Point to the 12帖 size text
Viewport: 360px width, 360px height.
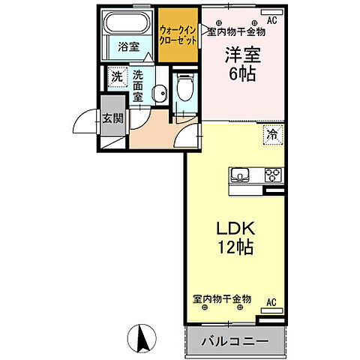[x=235, y=248]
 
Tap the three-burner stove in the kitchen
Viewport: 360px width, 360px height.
[x=271, y=176]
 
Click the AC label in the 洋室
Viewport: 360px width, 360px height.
[x=271, y=21]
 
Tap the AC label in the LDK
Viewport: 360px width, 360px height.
[x=273, y=303]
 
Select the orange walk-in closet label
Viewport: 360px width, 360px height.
[x=178, y=34]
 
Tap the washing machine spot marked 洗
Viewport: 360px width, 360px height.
[x=117, y=76]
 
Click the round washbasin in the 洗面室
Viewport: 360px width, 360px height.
[x=158, y=93]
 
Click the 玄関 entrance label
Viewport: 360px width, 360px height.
[x=113, y=118]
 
